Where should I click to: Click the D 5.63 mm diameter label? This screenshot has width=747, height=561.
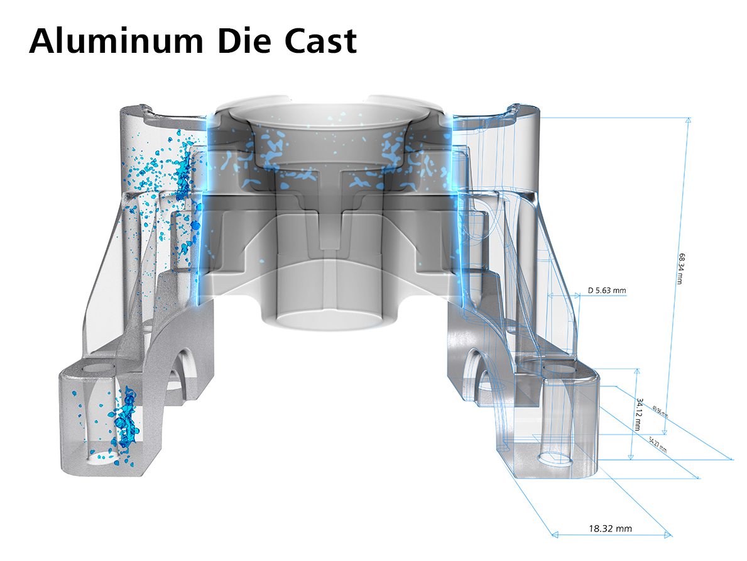coord(607,290)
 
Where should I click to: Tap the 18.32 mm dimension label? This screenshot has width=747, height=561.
coord(611,528)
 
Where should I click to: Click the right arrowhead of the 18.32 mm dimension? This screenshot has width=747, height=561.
coord(669,536)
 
